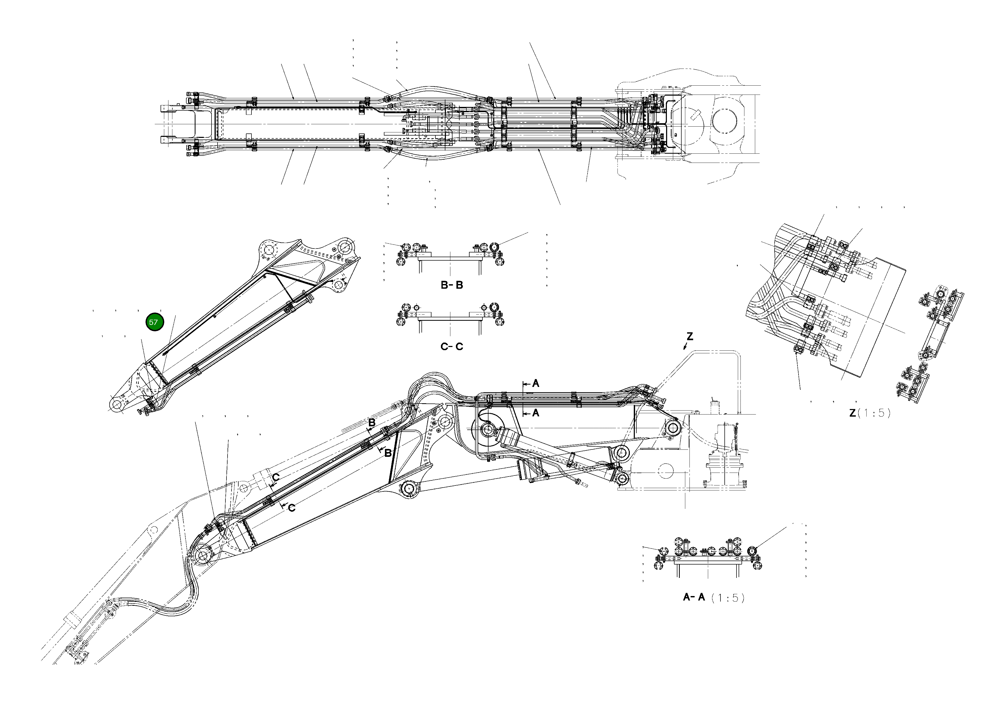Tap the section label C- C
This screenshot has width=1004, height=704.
(452, 347)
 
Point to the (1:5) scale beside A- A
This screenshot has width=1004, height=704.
(728, 598)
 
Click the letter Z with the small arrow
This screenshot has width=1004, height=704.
(689, 337)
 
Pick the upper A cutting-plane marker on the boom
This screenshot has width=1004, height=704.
(535, 384)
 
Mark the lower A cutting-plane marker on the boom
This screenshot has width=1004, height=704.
(535, 413)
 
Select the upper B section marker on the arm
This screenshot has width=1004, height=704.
(372, 423)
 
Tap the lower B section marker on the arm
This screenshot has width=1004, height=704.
(387, 453)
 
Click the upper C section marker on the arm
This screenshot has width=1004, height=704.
(276, 477)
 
